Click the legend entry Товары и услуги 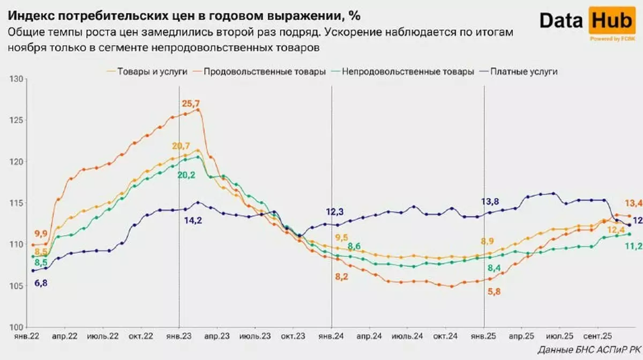point(147,72)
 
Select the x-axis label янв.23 point(178,337)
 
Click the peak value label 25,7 point(189,103)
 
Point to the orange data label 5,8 point(496,291)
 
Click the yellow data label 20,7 point(181,146)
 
